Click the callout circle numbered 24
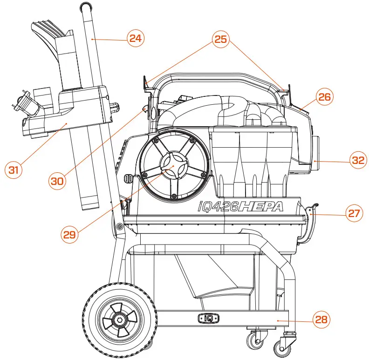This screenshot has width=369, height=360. [135, 39]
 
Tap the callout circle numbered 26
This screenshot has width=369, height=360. [325, 97]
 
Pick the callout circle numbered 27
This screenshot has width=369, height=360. [354, 213]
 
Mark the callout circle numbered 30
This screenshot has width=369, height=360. [58, 181]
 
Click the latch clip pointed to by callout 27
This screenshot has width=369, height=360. [311, 219]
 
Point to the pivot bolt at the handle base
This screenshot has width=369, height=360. [120, 226]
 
